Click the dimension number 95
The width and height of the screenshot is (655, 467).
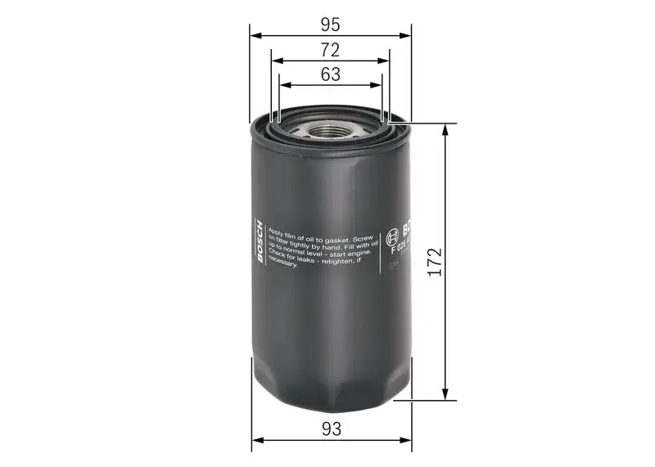[331, 24]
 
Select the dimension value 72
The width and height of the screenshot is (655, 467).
[331, 49]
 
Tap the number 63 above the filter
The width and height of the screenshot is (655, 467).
[331, 74]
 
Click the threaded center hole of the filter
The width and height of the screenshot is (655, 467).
[331, 129]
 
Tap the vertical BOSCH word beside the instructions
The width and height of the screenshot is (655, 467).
[260, 243]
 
